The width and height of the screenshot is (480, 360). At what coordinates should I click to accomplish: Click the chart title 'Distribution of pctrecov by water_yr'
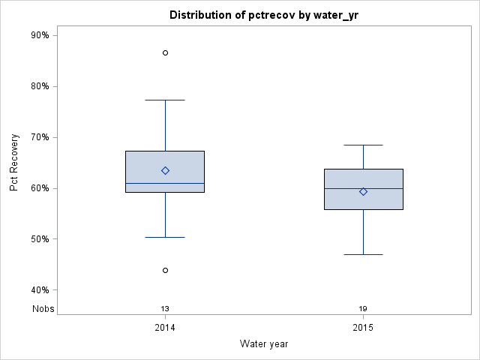tap(264, 15)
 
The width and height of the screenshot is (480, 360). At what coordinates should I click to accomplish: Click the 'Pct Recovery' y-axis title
tap(14, 163)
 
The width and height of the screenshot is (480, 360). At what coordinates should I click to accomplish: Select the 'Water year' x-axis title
tap(264, 343)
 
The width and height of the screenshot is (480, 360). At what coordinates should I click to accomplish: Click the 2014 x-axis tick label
tap(165, 328)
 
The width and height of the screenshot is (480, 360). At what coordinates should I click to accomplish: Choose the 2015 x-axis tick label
tap(363, 328)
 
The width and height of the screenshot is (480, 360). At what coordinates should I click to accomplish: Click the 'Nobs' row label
tap(42, 308)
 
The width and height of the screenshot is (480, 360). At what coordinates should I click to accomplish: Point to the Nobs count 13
tap(165, 308)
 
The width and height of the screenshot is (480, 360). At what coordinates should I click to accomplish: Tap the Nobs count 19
tap(363, 308)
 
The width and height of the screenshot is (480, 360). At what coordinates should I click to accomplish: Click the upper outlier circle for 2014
tap(165, 52)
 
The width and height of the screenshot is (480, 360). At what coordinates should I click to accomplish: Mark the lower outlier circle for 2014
tap(165, 270)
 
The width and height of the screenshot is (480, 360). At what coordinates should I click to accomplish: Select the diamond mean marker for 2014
tap(165, 170)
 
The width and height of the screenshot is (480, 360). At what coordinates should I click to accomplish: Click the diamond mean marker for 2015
tap(363, 191)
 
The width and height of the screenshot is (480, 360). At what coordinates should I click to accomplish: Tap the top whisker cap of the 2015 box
tap(363, 145)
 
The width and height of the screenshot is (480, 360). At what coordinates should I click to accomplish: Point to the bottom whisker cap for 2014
tap(165, 237)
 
